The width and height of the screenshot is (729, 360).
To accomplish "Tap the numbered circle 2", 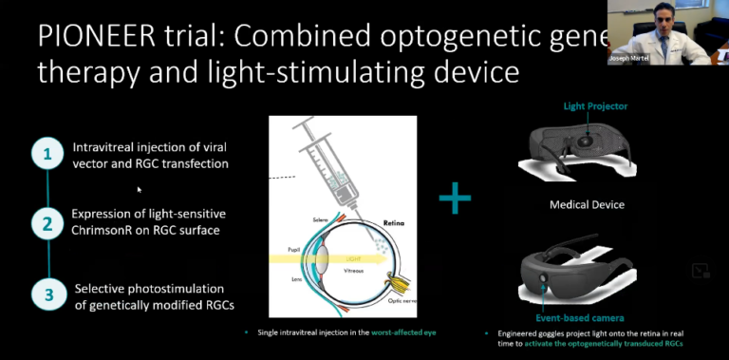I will click(x=44, y=224).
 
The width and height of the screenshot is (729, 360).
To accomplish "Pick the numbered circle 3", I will click(x=44, y=292).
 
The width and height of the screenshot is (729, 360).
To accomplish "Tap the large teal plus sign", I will click(x=456, y=199).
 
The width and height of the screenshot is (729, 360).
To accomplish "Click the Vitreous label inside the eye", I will click(x=354, y=271).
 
